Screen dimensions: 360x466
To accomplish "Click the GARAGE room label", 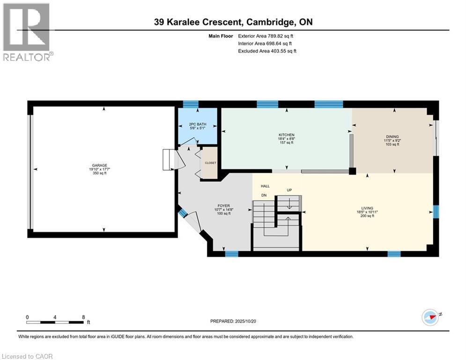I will (x=99, y=165).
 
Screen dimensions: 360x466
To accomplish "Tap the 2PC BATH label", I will (x=198, y=124).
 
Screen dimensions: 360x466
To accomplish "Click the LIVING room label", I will (x=367, y=208).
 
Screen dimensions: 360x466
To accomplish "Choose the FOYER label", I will (x=223, y=205).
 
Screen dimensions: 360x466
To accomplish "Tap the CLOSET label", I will (x=210, y=163).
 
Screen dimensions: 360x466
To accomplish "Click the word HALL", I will (x=265, y=186).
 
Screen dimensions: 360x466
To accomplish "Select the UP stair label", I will (x=289, y=190).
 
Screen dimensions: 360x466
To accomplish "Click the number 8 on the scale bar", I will (x=83, y=317).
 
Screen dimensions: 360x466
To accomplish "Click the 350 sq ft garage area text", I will (x=99, y=173).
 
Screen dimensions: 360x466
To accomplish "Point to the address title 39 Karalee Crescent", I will (x=233, y=22).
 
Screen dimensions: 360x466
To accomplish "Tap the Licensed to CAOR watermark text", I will (x=27, y=356).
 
